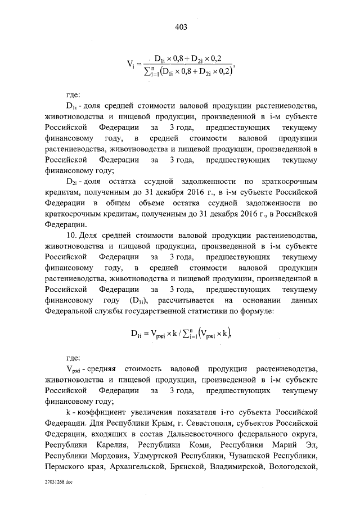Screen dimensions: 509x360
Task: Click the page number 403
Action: click(180, 26)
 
